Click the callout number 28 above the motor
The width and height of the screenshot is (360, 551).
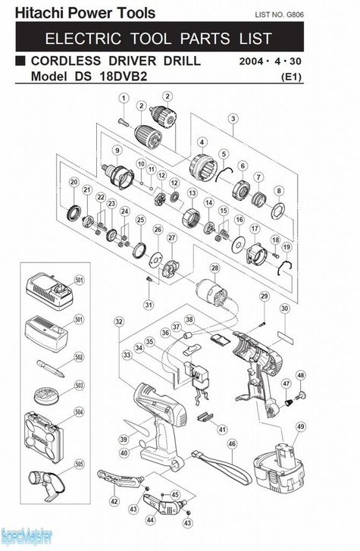click(x=214, y=268)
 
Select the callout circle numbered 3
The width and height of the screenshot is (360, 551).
click(x=233, y=118)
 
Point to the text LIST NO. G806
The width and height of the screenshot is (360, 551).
click(x=279, y=14)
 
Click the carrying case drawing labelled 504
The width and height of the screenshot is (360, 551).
click(x=44, y=437)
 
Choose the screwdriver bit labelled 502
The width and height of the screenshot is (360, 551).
click(x=51, y=368)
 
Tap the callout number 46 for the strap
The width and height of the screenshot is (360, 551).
click(x=232, y=444)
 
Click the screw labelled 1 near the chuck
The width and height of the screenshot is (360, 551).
click(x=124, y=122)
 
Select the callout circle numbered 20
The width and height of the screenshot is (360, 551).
click(x=74, y=182)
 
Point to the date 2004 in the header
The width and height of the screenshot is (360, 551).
click(x=251, y=61)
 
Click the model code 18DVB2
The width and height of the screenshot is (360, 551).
click(x=124, y=76)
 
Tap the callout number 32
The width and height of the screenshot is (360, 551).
click(x=119, y=321)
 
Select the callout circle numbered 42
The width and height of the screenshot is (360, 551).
click(x=114, y=502)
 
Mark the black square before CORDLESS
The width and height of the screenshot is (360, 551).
click(x=20, y=61)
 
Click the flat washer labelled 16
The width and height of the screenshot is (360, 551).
click(x=239, y=244)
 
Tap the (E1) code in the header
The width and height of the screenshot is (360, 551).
click(x=292, y=77)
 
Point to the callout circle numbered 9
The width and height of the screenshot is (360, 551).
click(x=117, y=150)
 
